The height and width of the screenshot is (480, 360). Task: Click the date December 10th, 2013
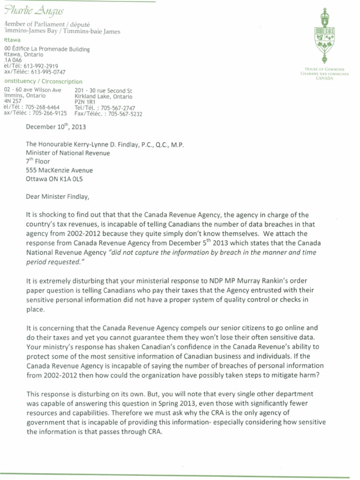point(56,127)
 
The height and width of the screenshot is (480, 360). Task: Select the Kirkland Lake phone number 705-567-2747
point(120,107)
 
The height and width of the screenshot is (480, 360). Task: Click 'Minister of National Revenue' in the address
point(68,153)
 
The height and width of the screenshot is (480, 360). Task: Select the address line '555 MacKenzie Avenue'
point(60,170)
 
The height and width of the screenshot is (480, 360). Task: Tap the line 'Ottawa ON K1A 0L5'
point(57,179)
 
